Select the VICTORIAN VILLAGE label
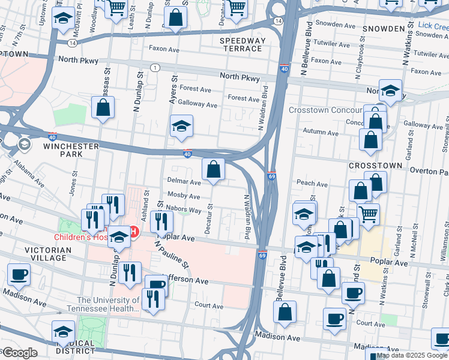[x=46, y=253]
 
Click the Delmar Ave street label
[x=183, y=181]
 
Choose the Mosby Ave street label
[x=184, y=196]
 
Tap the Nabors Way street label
[x=184, y=210]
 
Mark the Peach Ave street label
[x=312, y=183]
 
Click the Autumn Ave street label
[x=321, y=132]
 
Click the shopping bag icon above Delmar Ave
[x=213, y=170]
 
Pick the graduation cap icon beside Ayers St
[x=181, y=127]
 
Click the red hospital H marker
[x=134, y=232]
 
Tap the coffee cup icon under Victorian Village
[x=19, y=275]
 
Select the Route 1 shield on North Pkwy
[x=155, y=68]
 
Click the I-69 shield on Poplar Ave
[x=262, y=255]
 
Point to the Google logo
[x=19, y=353]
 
